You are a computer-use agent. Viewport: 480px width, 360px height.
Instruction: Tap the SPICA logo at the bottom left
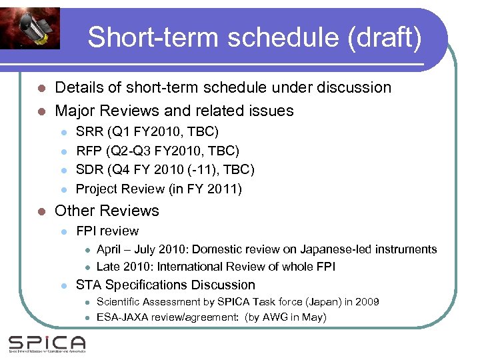(47, 344)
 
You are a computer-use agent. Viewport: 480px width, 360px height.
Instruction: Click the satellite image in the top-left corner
(30, 27)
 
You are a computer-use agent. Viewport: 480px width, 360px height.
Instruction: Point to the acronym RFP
(89, 151)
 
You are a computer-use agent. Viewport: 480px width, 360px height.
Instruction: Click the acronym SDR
(90, 170)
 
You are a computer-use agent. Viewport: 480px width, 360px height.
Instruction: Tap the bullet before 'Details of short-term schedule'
(41, 88)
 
